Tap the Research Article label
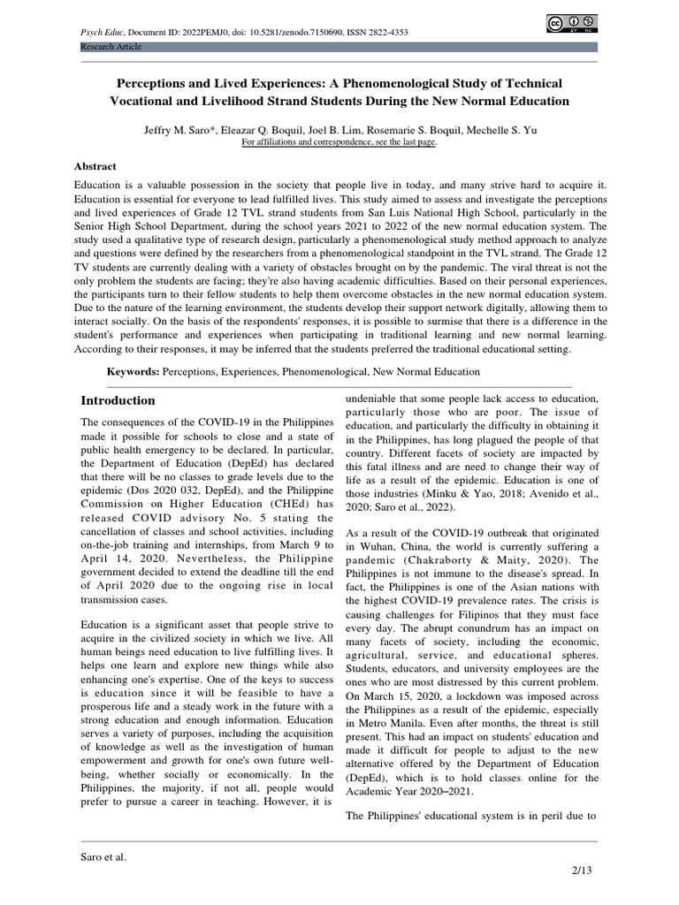point(111,46)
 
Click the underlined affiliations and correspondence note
point(339,141)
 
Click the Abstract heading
point(95,166)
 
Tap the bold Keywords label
point(134,372)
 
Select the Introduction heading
point(118,400)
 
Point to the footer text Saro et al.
point(103,856)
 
